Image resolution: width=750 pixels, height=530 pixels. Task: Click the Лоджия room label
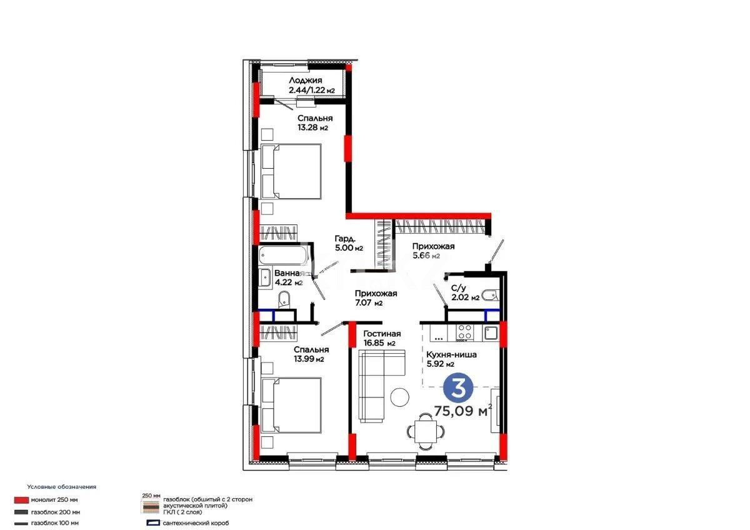(x=306, y=81)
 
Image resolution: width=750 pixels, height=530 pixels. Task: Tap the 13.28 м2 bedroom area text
(x=312, y=128)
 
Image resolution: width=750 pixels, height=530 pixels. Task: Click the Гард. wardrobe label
(x=345, y=239)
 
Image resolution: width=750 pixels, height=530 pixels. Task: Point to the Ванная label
(x=288, y=273)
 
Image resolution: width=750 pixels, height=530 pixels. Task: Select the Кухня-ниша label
(x=452, y=354)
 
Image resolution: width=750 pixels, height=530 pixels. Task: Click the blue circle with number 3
(x=457, y=389)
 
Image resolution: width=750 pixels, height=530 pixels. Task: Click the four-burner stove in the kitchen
(x=464, y=332)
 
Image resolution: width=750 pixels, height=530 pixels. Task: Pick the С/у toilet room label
(x=457, y=288)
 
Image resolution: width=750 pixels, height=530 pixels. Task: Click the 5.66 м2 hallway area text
(x=426, y=256)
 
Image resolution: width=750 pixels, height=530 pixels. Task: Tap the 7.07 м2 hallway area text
(x=368, y=303)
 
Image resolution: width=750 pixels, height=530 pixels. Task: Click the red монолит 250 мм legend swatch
(x=21, y=500)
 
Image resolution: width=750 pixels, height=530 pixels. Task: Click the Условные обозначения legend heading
(x=61, y=486)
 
